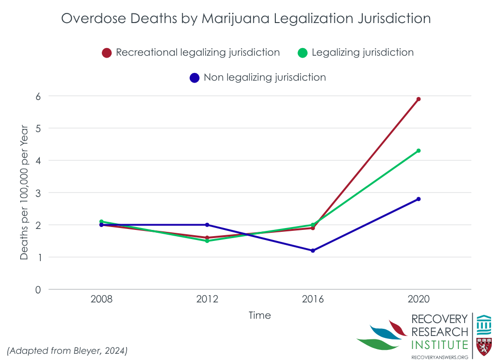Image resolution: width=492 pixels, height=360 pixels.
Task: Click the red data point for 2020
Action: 418,99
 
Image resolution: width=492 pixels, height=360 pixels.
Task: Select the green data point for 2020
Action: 418,151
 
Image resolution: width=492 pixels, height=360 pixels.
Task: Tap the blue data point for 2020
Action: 418,199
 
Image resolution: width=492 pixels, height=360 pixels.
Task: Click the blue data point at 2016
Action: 313,251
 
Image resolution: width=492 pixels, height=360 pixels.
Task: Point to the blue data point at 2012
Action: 207,225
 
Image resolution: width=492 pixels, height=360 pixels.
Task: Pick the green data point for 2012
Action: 207,241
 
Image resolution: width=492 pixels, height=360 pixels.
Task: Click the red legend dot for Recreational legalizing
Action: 107,53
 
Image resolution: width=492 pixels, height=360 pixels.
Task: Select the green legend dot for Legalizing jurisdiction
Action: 302,53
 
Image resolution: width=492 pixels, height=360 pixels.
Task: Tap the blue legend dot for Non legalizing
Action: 195,78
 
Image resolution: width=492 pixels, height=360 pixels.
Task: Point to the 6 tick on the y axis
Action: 37,96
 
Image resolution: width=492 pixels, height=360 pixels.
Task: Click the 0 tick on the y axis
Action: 37,289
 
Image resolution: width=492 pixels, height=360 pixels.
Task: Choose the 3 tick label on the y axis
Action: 37,192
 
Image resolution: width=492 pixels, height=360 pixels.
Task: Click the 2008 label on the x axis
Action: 101,299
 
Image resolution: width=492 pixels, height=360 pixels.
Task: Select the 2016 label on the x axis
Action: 313,299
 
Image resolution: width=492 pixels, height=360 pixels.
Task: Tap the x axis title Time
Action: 259,315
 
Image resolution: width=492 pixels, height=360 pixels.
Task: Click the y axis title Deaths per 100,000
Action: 25,192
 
